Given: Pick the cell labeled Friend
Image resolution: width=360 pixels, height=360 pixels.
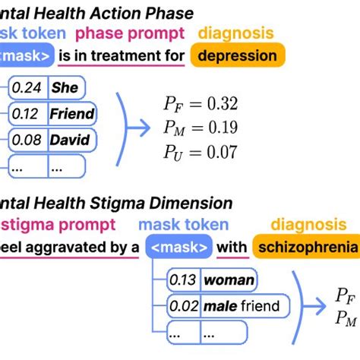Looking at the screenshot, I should coord(72,114).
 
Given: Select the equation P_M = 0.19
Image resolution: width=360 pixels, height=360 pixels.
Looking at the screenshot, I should coord(201,127).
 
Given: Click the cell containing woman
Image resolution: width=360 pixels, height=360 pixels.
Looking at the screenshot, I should coord(229,280).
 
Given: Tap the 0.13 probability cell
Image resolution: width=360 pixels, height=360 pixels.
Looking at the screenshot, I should coord(182,280).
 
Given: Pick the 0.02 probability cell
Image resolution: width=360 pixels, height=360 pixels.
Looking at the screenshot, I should coord(182,307).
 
